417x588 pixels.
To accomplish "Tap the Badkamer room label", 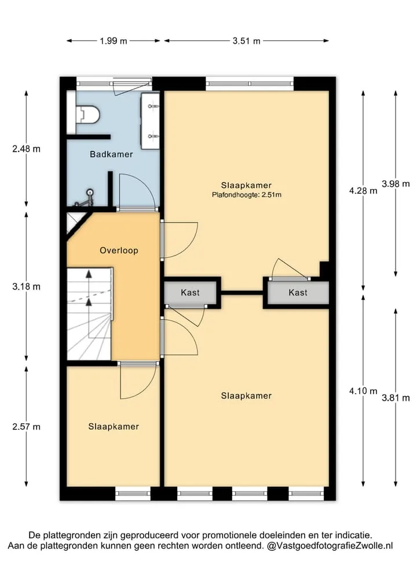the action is click(x=111, y=154).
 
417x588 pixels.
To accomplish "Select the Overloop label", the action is click(x=119, y=250).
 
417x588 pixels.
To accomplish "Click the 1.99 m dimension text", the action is click(x=114, y=40).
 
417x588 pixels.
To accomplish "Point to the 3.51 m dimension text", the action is click(x=247, y=40).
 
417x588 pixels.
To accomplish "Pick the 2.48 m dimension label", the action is click(x=26, y=149).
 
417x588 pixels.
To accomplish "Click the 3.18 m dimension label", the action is click(x=26, y=287).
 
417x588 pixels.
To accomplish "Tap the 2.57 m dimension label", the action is click(x=26, y=427).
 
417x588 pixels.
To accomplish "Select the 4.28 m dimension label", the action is click(x=363, y=191).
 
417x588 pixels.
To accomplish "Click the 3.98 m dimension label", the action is click(x=396, y=184).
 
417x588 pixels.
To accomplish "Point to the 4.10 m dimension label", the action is click(x=363, y=391).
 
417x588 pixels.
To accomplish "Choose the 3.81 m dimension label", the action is click(x=396, y=398).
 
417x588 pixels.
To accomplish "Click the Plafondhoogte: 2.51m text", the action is click(x=247, y=195).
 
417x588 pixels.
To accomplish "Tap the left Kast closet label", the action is click(x=190, y=293).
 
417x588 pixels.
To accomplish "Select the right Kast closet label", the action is click(x=298, y=293).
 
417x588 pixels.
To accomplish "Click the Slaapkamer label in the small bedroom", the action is click(x=114, y=426).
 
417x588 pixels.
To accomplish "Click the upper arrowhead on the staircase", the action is click(x=89, y=273).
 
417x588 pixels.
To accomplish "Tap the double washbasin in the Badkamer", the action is click(x=150, y=121).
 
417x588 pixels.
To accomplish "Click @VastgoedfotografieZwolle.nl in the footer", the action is click(x=330, y=546).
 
